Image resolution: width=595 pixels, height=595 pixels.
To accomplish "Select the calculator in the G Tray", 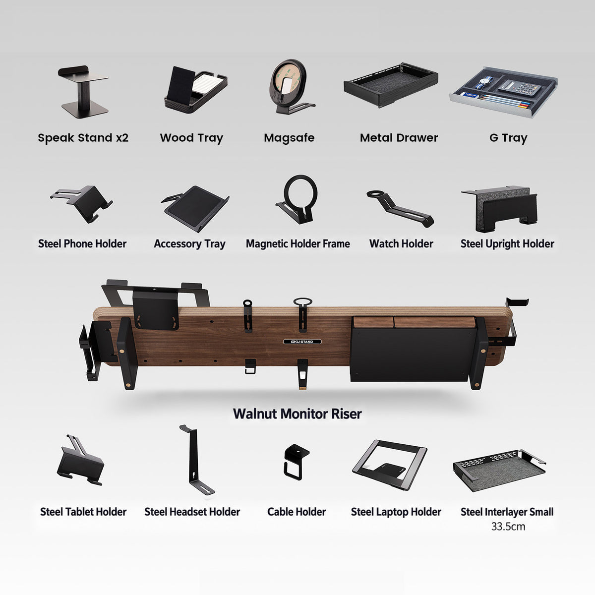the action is [520, 88].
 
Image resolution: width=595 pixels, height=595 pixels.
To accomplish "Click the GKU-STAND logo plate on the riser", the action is [302, 342].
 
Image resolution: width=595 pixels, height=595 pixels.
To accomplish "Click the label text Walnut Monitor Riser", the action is [297, 414].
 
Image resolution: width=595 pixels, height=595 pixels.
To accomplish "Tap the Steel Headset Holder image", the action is [197, 460].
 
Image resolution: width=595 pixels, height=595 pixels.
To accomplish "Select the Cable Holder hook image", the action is [296, 462].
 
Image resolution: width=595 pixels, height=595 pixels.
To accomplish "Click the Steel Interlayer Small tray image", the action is [499, 470].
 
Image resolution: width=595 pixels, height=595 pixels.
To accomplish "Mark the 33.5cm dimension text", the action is [508, 526].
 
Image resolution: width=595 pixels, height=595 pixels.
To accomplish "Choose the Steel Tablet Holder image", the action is [81, 460].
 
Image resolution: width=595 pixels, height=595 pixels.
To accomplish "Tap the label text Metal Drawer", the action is [399, 138].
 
